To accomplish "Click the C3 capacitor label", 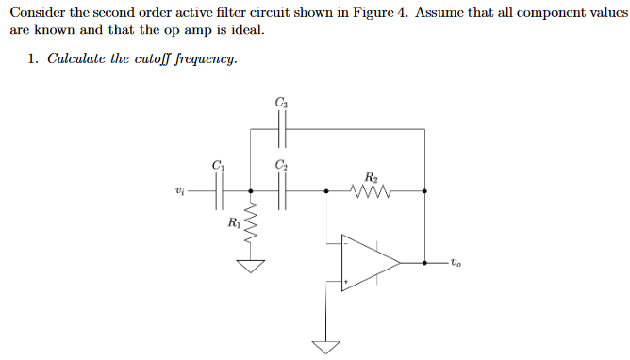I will click(281, 102).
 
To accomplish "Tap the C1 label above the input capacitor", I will click(219, 166).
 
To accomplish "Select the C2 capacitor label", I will click(281, 166).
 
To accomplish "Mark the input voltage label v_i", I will click(180, 192).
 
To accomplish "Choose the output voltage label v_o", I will click(456, 263).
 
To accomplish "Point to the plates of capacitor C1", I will click(219, 192).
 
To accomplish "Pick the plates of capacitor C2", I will click(281, 192).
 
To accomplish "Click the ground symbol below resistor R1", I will click(250, 265).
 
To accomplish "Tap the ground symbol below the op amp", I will click(327, 346).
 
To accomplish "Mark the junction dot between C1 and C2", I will click(250, 192).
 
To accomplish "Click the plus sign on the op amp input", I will click(347, 281).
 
